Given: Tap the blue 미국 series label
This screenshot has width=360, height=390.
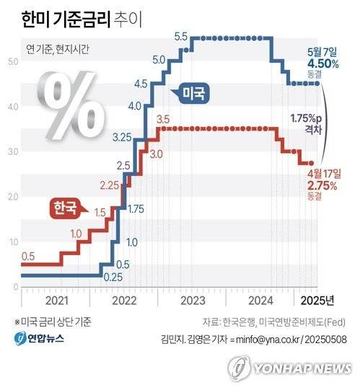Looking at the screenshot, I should (193, 93).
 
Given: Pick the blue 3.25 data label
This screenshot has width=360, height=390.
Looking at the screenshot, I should (122, 136).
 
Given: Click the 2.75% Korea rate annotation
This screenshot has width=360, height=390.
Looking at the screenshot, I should (322, 185).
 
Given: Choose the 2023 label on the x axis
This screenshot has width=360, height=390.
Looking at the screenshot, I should (191, 300).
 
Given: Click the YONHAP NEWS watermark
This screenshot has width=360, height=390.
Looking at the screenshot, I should (292, 368).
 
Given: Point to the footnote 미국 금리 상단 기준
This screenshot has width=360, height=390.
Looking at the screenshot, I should (52, 322).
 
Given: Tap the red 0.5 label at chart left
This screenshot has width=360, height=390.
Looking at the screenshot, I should (28, 256).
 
